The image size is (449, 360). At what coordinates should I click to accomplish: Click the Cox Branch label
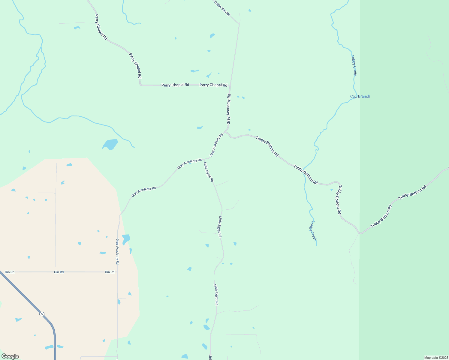(x=360, y=96)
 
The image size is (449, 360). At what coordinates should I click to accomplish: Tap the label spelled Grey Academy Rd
(x=229, y=109)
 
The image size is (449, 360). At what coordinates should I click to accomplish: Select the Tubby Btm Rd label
(x=222, y=8)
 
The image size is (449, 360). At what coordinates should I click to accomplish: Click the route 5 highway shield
(x=42, y=314)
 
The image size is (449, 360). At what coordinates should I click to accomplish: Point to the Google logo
(x=10, y=356)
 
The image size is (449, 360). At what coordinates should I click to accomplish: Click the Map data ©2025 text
(x=436, y=358)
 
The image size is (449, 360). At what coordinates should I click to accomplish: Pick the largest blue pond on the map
(x=110, y=144)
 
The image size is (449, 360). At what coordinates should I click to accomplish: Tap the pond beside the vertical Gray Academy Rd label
(x=126, y=239)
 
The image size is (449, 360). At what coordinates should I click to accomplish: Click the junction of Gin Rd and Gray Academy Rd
(x=117, y=272)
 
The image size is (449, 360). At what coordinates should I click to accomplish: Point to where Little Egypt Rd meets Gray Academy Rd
(x=204, y=159)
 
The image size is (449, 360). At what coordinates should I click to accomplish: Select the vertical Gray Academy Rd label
(x=117, y=251)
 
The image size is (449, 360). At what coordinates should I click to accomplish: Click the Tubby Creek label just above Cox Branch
(x=354, y=65)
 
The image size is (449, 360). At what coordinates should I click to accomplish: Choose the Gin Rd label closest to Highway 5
(x=10, y=272)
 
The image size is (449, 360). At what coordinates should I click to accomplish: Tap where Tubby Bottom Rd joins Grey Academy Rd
(x=226, y=132)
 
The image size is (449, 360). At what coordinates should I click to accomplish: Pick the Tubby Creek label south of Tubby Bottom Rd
(x=313, y=231)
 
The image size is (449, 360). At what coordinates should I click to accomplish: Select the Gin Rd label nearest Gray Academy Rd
(x=110, y=272)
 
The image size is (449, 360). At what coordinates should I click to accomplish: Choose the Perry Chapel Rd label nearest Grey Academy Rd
(x=213, y=85)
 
